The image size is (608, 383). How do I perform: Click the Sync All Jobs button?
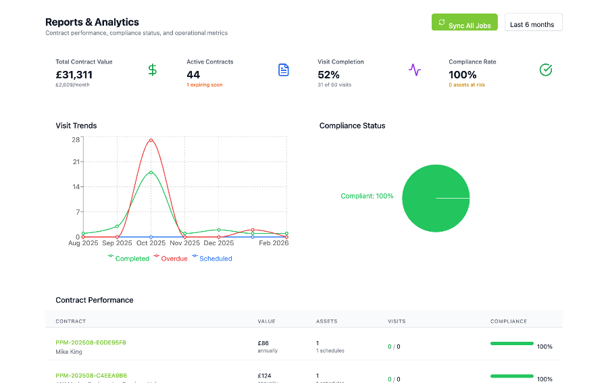tap(465, 23)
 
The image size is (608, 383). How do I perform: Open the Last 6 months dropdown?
tap(533, 23)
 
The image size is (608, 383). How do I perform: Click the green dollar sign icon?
tap(153, 70)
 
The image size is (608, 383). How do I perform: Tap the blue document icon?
tap(284, 70)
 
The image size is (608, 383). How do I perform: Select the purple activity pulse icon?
tap(415, 70)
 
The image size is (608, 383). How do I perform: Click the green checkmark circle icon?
tap(546, 70)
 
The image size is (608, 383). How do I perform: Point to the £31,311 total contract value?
tap(74, 75)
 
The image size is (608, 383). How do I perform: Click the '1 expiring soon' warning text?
tap(205, 85)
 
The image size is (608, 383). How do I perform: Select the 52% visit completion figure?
tap(329, 75)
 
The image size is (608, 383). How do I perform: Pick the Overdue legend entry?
tap(174, 259)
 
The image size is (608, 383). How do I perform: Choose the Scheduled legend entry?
tap(215, 259)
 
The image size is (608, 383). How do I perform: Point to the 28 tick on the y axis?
tap(76, 140)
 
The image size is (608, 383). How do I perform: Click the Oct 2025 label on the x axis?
tap(151, 243)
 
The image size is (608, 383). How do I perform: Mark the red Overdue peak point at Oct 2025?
tap(151, 140)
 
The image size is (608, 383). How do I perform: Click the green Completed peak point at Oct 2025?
tap(151, 172)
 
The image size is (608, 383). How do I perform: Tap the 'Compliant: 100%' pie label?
tap(367, 196)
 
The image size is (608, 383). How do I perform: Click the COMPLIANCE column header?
tap(508, 322)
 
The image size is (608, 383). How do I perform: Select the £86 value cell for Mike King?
tap(263, 343)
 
